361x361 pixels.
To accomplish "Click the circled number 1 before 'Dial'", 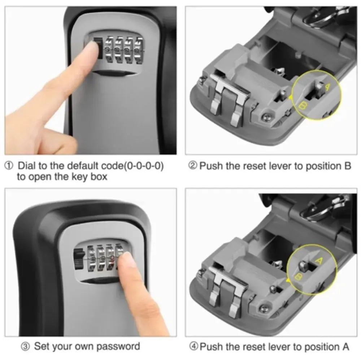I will (9, 166).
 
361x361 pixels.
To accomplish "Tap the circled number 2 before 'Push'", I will (193, 166).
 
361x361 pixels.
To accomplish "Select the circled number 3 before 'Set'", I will (25, 347).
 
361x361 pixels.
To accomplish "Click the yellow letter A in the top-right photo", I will (327, 87).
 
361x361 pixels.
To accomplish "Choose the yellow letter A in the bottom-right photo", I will (318, 260).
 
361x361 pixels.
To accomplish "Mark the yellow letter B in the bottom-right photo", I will (299, 277).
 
